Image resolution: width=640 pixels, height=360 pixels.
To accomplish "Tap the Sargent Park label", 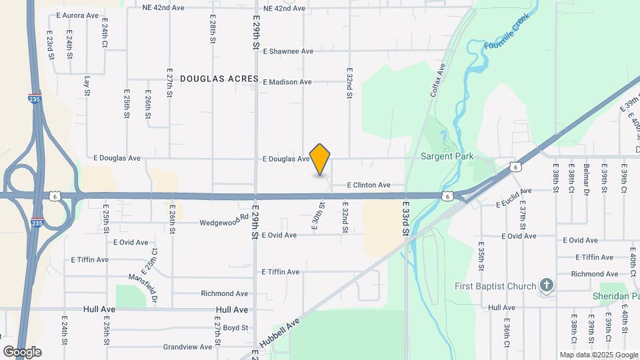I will (x=447, y=157).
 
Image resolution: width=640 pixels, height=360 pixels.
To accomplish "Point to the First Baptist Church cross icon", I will (x=547, y=286).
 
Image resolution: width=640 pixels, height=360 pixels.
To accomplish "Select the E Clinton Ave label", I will (x=369, y=185).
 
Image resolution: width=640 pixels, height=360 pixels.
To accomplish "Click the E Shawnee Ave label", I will (x=288, y=51).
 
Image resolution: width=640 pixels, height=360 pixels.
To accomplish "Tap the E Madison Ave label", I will (x=287, y=82).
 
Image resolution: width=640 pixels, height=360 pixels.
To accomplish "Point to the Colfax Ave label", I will (x=436, y=80).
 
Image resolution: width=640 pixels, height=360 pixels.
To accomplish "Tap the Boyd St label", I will (x=235, y=327).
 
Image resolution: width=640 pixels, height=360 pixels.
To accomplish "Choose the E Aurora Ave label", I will (x=78, y=15).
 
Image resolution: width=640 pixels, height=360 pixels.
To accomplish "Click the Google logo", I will (x=22, y=351).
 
